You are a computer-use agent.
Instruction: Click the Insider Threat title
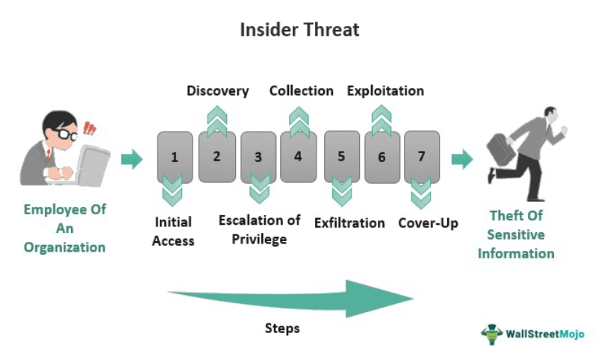(299, 30)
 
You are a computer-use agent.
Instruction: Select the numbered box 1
(175, 157)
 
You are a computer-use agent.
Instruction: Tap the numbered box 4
(298, 157)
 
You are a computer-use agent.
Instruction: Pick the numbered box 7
(422, 157)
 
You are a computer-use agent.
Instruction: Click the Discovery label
(218, 91)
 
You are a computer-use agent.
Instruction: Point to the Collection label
(301, 91)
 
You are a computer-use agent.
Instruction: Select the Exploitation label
(385, 91)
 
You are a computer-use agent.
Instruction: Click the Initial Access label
(173, 232)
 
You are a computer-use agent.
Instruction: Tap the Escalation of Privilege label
(259, 230)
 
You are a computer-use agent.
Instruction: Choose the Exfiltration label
(349, 223)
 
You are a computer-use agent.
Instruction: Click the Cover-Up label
(428, 223)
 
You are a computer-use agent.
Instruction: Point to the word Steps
(282, 329)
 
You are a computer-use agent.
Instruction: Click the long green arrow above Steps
(290, 299)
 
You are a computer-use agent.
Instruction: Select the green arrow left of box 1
(131, 159)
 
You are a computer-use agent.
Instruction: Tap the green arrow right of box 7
(462, 159)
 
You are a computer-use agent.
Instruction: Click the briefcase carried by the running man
(501, 149)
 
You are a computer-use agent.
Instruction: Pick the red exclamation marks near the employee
(90, 128)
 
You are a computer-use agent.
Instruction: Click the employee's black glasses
(66, 134)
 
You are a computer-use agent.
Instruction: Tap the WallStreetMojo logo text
(545, 334)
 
